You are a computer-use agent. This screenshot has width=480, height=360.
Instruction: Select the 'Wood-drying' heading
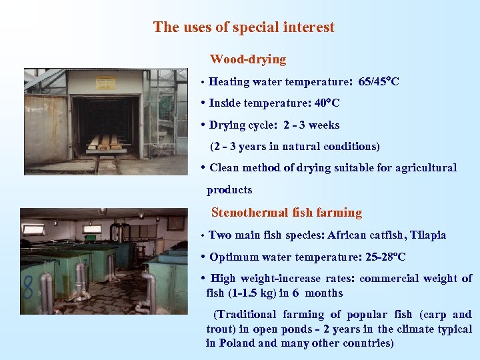click(248, 59)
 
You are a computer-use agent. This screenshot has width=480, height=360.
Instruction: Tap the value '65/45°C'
click(379, 82)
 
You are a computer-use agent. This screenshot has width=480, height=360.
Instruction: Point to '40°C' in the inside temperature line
click(326, 103)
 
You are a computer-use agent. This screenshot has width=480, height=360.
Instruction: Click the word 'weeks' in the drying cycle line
click(324, 125)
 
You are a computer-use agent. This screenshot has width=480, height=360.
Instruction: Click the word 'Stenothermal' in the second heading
click(250, 213)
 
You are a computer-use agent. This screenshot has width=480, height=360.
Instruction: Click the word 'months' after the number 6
click(323, 293)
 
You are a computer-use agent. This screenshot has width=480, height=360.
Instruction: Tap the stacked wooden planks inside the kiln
click(107, 142)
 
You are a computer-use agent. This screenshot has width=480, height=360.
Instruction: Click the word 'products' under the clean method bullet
click(229, 190)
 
